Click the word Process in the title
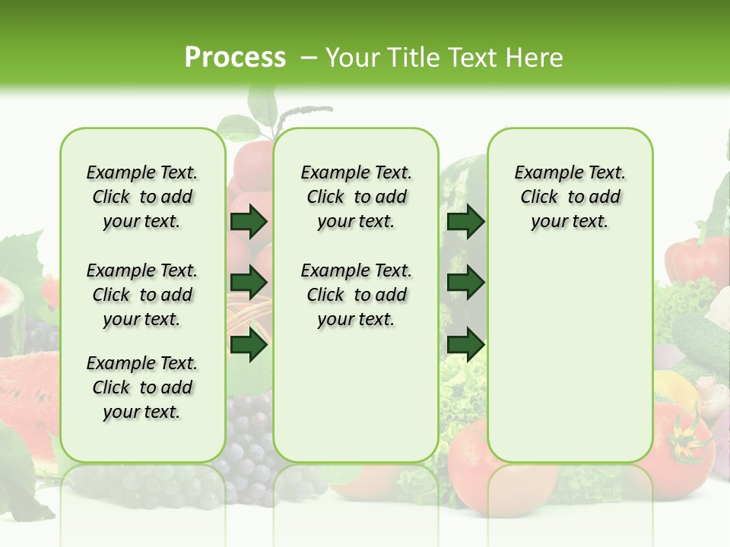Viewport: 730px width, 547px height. (235, 58)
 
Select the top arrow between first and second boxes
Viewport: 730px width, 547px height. (249, 222)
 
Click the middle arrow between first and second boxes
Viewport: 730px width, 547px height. (249, 283)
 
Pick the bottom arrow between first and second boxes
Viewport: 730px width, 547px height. (249, 346)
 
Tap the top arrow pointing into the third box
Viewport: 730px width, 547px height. (465, 222)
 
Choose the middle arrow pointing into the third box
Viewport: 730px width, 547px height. (465, 283)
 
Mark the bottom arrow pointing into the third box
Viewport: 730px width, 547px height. (465, 346)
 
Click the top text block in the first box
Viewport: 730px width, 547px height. (142, 197)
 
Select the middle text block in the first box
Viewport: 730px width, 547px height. (142, 295)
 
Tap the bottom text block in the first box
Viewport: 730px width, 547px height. (142, 387)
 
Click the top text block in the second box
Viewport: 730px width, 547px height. (356, 197)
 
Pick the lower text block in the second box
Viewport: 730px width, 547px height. (356, 295)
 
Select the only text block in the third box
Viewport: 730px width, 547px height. (570, 197)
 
